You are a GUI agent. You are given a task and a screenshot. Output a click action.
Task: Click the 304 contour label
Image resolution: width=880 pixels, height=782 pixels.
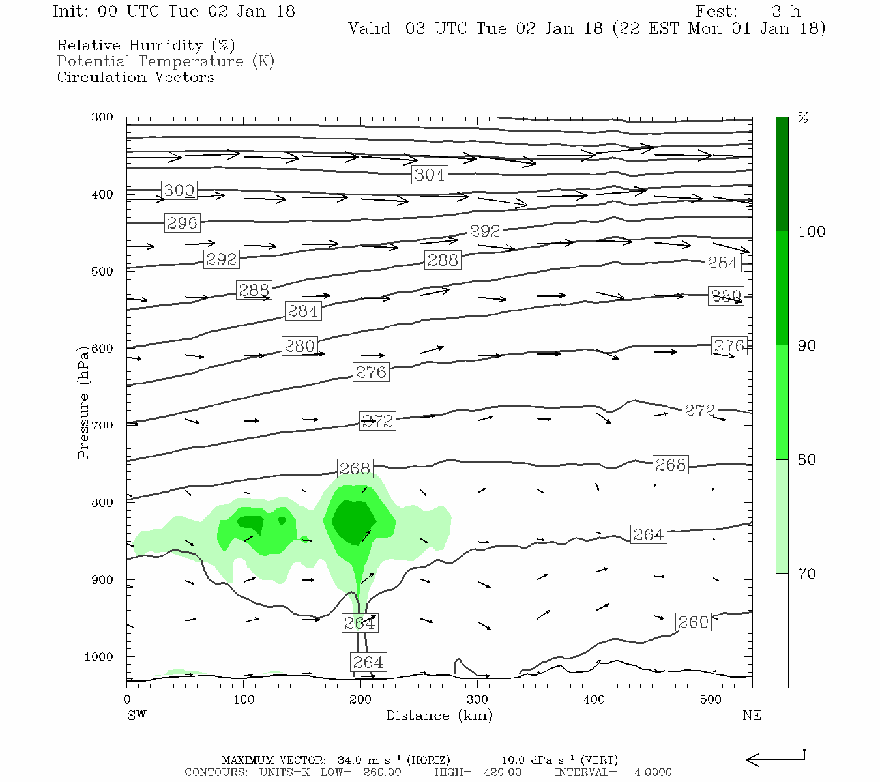click(430, 175)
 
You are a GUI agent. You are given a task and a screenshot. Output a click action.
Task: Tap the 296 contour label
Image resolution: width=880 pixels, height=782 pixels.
click(182, 223)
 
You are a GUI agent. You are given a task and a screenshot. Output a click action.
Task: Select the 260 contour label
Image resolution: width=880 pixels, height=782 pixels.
click(693, 622)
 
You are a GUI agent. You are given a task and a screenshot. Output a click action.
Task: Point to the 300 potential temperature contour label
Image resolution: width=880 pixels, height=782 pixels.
click(179, 191)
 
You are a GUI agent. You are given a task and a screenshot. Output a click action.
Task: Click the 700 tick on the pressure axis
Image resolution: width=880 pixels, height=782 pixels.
click(102, 426)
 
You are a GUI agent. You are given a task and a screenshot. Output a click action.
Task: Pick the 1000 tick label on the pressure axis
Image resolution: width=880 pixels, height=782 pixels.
click(99, 657)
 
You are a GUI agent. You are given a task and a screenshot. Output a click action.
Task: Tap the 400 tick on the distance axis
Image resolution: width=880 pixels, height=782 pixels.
click(594, 700)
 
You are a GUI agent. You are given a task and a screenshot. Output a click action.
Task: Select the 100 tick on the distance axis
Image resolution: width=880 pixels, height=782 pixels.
click(244, 700)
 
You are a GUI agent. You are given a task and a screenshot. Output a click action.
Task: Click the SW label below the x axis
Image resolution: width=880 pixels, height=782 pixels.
click(136, 716)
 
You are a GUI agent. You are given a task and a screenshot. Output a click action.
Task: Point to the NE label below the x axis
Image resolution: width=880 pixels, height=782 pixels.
click(752, 716)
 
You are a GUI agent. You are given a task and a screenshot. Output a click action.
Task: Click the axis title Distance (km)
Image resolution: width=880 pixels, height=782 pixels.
click(439, 716)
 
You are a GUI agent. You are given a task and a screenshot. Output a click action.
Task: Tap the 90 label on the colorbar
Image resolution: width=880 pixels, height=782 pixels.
click(807, 345)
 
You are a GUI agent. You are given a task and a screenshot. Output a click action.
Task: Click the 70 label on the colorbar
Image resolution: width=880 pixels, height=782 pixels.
click(807, 574)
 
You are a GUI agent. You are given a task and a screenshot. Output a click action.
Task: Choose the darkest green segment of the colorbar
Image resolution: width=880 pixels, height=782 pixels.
click(782, 174)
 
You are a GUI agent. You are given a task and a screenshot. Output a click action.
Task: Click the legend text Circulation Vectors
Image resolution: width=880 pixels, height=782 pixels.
click(136, 78)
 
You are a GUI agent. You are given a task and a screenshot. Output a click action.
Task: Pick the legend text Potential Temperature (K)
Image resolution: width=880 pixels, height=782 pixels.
click(166, 62)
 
